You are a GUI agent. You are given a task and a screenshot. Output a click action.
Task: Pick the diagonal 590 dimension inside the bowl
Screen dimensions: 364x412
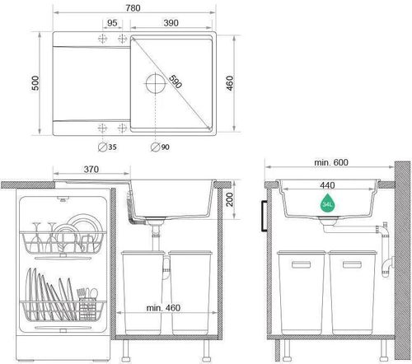click(x=175, y=85)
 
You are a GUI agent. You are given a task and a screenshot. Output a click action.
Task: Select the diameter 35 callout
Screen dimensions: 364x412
click(x=107, y=148)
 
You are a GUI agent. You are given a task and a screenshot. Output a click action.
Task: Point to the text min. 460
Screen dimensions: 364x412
click(x=162, y=308)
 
